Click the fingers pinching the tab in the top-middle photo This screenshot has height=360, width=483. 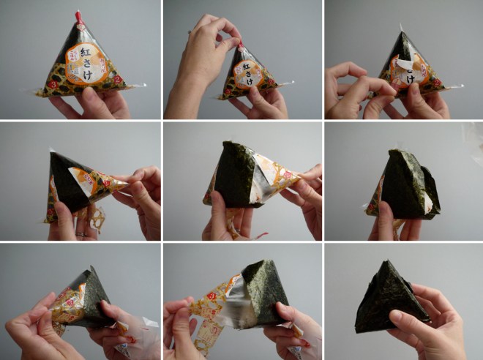[x=220, y=29]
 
